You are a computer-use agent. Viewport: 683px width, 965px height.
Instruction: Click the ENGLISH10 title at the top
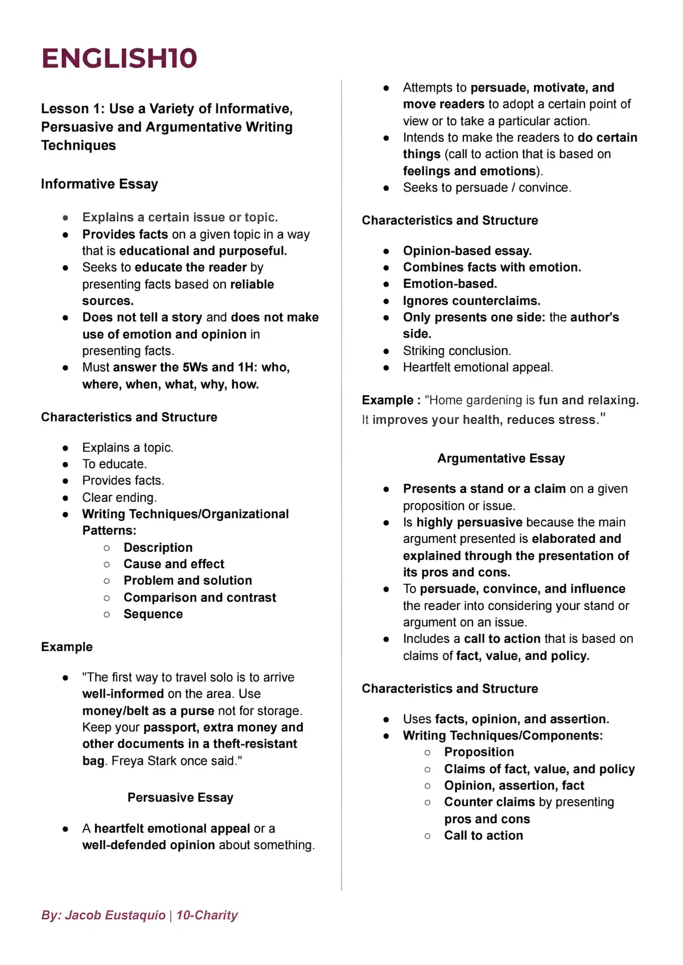(x=119, y=58)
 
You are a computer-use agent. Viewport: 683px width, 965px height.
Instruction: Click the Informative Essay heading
(x=100, y=184)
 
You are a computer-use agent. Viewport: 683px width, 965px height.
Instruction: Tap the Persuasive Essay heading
(x=180, y=797)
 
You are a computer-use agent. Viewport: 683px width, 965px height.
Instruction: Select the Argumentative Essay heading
(x=501, y=458)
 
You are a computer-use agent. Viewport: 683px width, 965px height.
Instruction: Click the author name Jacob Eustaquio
(x=115, y=915)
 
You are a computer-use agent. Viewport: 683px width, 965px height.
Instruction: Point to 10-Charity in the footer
(x=207, y=915)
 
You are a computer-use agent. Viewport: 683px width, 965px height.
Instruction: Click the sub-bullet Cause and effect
(x=174, y=564)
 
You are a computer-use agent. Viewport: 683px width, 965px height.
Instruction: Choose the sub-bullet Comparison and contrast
(x=199, y=597)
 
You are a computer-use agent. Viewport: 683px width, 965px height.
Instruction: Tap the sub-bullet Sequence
(x=153, y=614)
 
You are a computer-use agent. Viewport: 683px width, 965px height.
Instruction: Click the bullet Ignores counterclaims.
(x=471, y=300)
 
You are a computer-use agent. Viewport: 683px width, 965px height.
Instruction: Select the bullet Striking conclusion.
(x=456, y=350)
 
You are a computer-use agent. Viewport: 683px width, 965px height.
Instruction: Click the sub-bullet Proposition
(x=479, y=752)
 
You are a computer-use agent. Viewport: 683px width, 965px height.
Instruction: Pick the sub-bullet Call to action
(x=483, y=835)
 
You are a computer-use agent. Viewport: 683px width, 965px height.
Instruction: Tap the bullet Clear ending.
(x=119, y=497)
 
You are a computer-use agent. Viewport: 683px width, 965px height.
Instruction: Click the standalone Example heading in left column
(x=67, y=646)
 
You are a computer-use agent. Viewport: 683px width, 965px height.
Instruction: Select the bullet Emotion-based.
(x=450, y=283)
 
